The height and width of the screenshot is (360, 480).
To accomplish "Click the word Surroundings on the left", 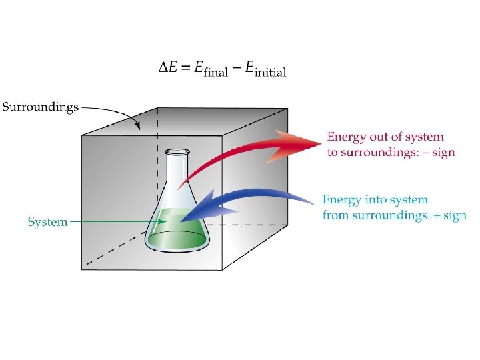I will [x=40, y=106].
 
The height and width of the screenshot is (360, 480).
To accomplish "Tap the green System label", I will [x=47, y=222].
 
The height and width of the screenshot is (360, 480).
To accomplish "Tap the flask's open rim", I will [x=175, y=152].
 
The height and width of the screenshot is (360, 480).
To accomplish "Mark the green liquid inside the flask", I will [x=175, y=233].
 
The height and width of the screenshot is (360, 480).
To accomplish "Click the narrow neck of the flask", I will [x=175, y=173].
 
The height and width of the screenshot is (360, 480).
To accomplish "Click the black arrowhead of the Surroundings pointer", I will [x=138, y=126].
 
